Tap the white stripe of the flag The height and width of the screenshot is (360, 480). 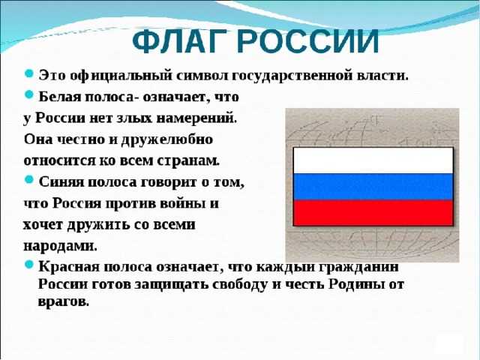tap(373, 160)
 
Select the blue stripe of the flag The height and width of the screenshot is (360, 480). tap(373, 187)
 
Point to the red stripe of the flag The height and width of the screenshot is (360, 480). tap(373, 213)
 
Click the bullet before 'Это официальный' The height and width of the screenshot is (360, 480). tap(28, 73)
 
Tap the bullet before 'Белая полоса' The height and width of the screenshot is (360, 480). tap(28, 94)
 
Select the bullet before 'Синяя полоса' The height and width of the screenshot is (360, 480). tap(28, 180)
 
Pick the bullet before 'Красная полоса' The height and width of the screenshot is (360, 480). tap(28, 265)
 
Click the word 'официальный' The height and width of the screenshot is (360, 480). tap(121, 76)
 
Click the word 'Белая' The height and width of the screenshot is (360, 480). tap(59, 97)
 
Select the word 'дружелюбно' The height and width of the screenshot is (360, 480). tap(166, 139)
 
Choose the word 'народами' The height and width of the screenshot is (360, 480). tap(60, 247)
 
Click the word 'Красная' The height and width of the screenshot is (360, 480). tap(69, 267)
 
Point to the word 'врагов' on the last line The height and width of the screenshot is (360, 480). tap(63, 301)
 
